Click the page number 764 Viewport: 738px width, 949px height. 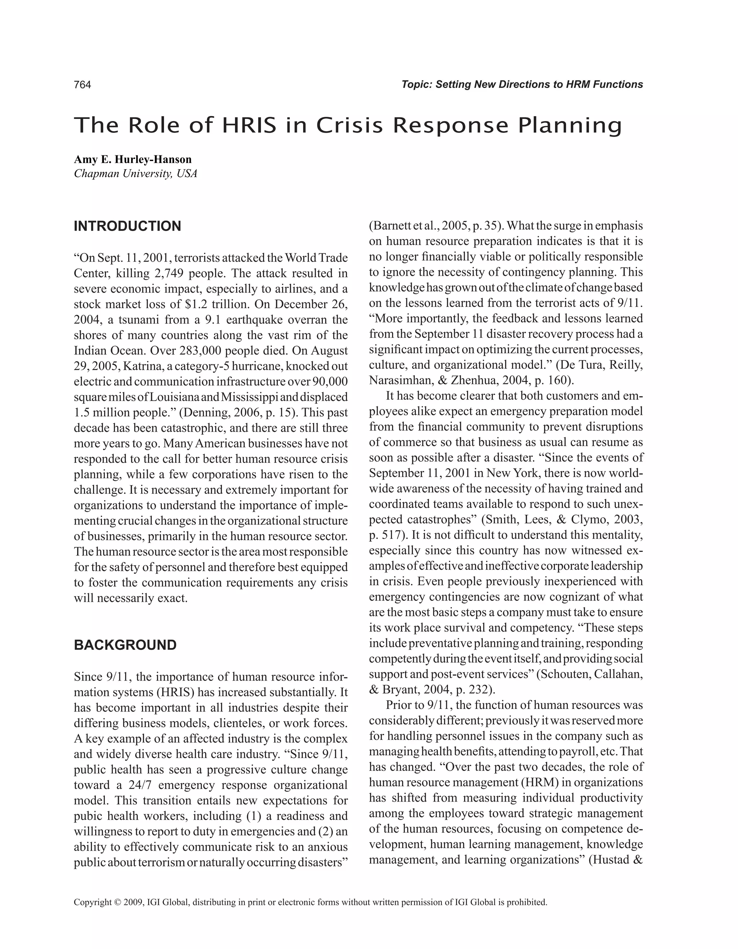(83, 85)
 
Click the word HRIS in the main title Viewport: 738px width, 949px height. (249, 125)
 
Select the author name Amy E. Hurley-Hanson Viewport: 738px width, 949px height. (133, 159)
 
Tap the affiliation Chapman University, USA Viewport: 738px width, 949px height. (135, 174)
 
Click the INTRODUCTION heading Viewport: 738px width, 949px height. (127, 226)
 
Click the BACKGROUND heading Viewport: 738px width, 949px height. (125, 645)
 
